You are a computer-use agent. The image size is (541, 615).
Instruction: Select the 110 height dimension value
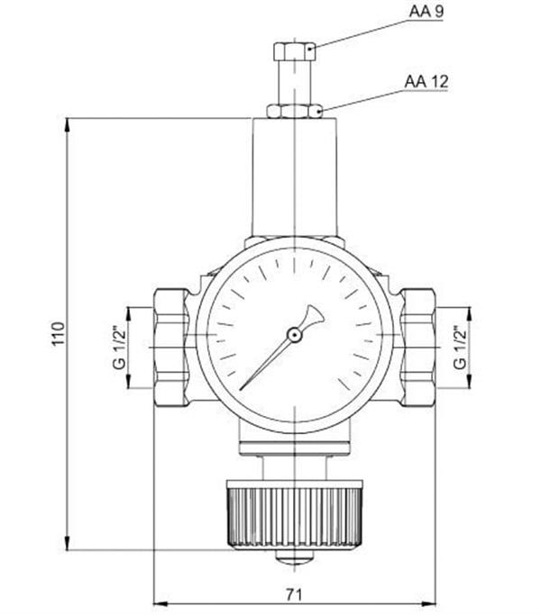pos(55,334)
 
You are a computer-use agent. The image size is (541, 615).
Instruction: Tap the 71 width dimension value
pos(294,594)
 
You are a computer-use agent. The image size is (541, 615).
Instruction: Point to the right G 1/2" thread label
pos(460,348)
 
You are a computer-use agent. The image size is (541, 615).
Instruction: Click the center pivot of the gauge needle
pos(294,335)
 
